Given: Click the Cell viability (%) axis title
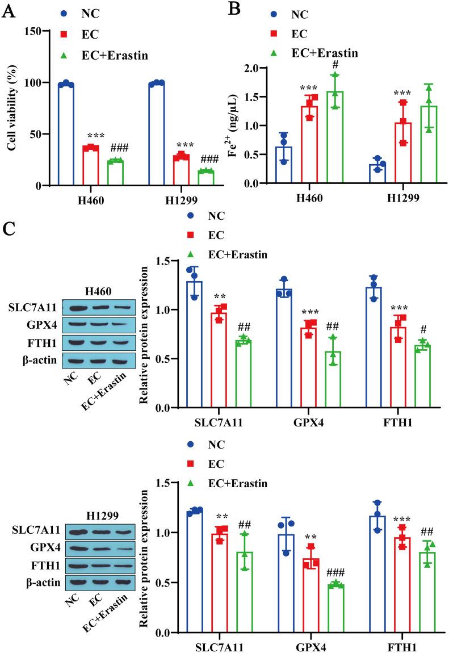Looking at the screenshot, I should (11, 108).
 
